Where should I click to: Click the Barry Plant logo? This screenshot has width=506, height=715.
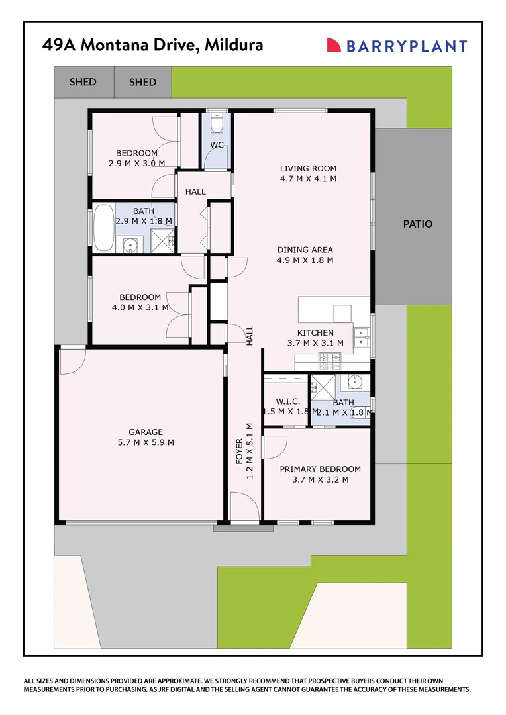[397, 46]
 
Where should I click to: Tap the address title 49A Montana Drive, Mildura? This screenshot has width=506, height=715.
[152, 45]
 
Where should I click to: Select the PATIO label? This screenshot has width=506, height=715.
[418, 224]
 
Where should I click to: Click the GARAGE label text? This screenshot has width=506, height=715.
[146, 432]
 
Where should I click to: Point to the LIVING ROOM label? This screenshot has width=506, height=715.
[308, 168]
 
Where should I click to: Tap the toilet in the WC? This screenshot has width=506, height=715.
[217, 124]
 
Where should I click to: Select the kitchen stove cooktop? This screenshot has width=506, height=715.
[330, 360]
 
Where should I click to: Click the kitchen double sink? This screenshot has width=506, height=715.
[362, 337]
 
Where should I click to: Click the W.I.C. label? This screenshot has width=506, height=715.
[287, 402]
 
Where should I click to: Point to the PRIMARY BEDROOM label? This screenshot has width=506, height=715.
[320, 469]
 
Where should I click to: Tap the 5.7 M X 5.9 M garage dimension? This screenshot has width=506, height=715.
[146, 442]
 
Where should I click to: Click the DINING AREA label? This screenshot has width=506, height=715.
[305, 250]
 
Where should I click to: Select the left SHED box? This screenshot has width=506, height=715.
[83, 82]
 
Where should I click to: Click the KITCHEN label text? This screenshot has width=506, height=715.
[315, 332]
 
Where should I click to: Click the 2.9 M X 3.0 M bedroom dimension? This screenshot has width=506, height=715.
[136, 163]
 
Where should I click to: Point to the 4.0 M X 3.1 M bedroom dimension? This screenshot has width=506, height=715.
[140, 307]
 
